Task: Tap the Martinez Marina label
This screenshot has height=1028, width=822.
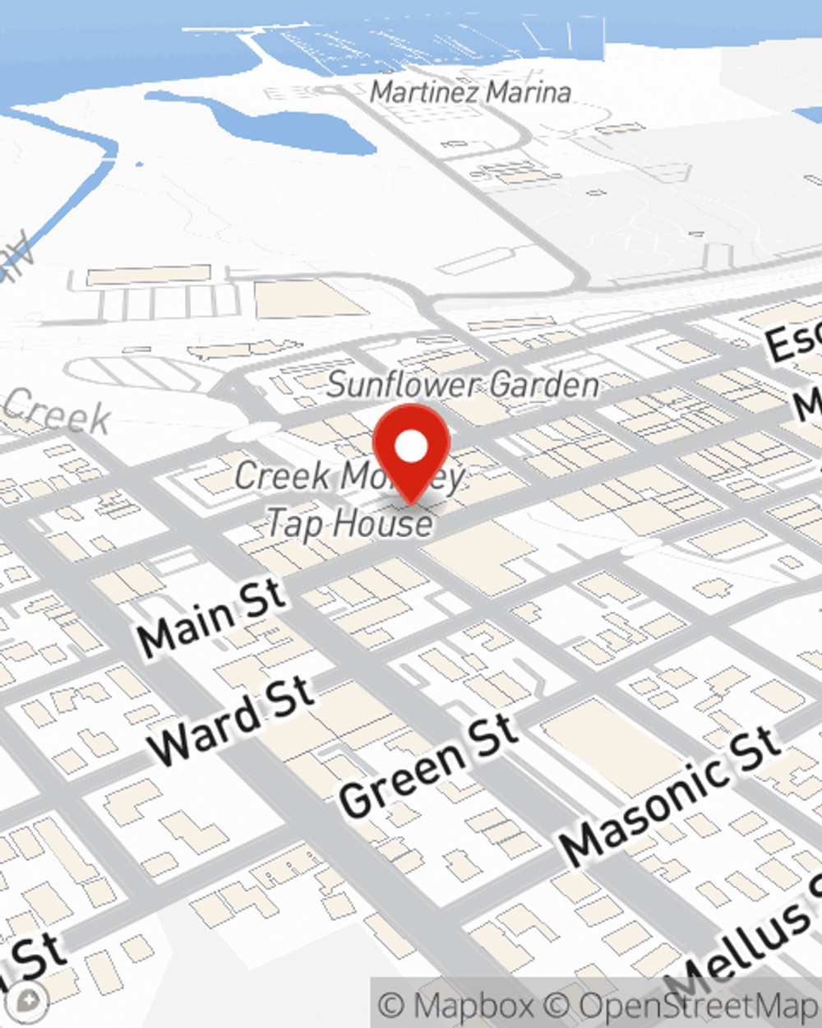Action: point(470,91)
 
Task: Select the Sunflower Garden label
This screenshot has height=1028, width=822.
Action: point(464,385)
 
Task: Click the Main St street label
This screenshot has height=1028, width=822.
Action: point(211,618)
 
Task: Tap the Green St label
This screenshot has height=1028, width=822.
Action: point(428,767)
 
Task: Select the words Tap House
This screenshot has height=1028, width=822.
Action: point(350,523)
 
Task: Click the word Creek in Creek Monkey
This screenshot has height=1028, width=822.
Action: point(283,475)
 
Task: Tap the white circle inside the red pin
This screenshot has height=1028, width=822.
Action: point(411,447)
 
